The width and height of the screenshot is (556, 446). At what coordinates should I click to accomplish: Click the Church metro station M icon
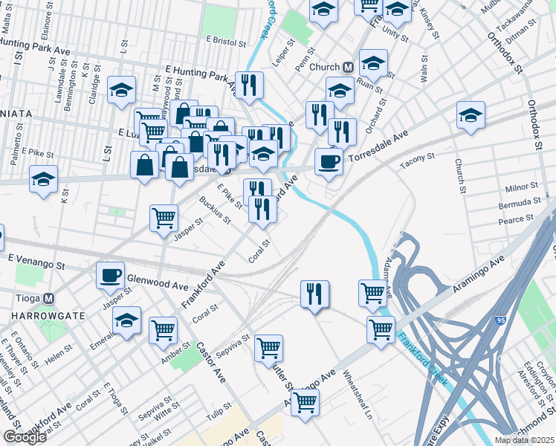pos(347,67)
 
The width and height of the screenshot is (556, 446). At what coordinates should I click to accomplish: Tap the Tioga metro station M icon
pos(49,299)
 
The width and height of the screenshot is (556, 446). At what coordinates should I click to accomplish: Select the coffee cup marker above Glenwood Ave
pos(110,275)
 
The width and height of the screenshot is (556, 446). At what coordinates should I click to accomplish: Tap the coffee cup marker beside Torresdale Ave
pos(329,161)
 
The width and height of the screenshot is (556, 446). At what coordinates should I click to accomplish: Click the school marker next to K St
pos(44,180)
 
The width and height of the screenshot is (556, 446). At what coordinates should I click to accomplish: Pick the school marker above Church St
pos(471,115)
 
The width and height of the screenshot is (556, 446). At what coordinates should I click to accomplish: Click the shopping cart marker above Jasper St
pos(164,218)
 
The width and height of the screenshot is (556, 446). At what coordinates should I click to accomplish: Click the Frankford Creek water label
pos(422,360)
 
